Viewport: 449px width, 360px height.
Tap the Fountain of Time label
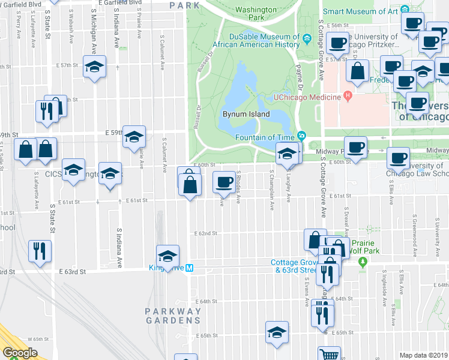point(271,135)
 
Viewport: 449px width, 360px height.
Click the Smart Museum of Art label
point(361,10)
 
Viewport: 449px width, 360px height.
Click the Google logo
point(20,353)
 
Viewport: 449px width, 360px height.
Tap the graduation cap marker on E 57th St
point(94,67)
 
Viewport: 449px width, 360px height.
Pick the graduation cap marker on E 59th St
point(134,136)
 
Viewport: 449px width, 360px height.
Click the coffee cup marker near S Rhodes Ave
point(224,181)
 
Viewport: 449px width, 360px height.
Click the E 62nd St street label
point(205,233)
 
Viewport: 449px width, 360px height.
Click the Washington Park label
point(258,13)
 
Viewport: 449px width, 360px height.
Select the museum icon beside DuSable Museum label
point(307,40)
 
